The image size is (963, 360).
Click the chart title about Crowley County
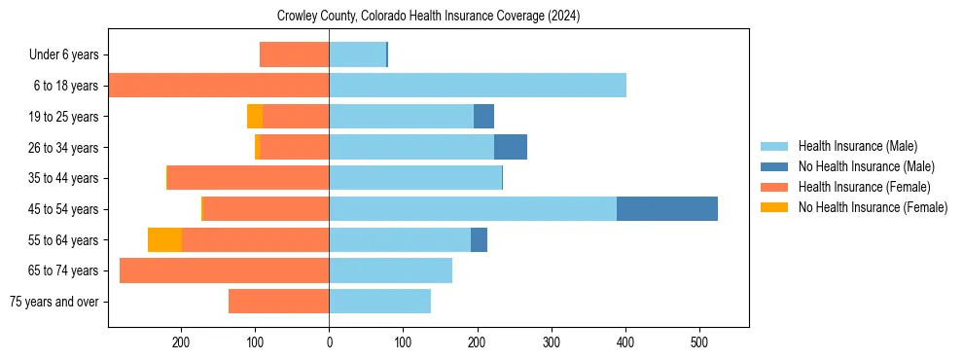(x=428, y=17)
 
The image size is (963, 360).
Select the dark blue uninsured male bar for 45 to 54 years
(x=666, y=209)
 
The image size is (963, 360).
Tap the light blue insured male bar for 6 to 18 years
(x=477, y=86)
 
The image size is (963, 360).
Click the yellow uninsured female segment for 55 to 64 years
(x=164, y=240)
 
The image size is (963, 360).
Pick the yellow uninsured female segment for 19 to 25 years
(x=255, y=117)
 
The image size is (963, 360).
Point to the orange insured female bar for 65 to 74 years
(x=224, y=270)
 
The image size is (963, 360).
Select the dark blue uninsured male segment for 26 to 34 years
(x=510, y=148)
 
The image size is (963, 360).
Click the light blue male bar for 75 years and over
(x=379, y=302)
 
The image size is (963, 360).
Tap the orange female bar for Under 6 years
(x=294, y=55)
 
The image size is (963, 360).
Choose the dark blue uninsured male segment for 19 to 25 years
(x=483, y=117)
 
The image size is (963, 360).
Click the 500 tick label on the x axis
(x=699, y=342)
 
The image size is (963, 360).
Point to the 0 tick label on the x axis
(x=329, y=342)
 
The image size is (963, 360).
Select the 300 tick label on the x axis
(x=552, y=342)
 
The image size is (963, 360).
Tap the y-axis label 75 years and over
(x=54, y=302)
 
